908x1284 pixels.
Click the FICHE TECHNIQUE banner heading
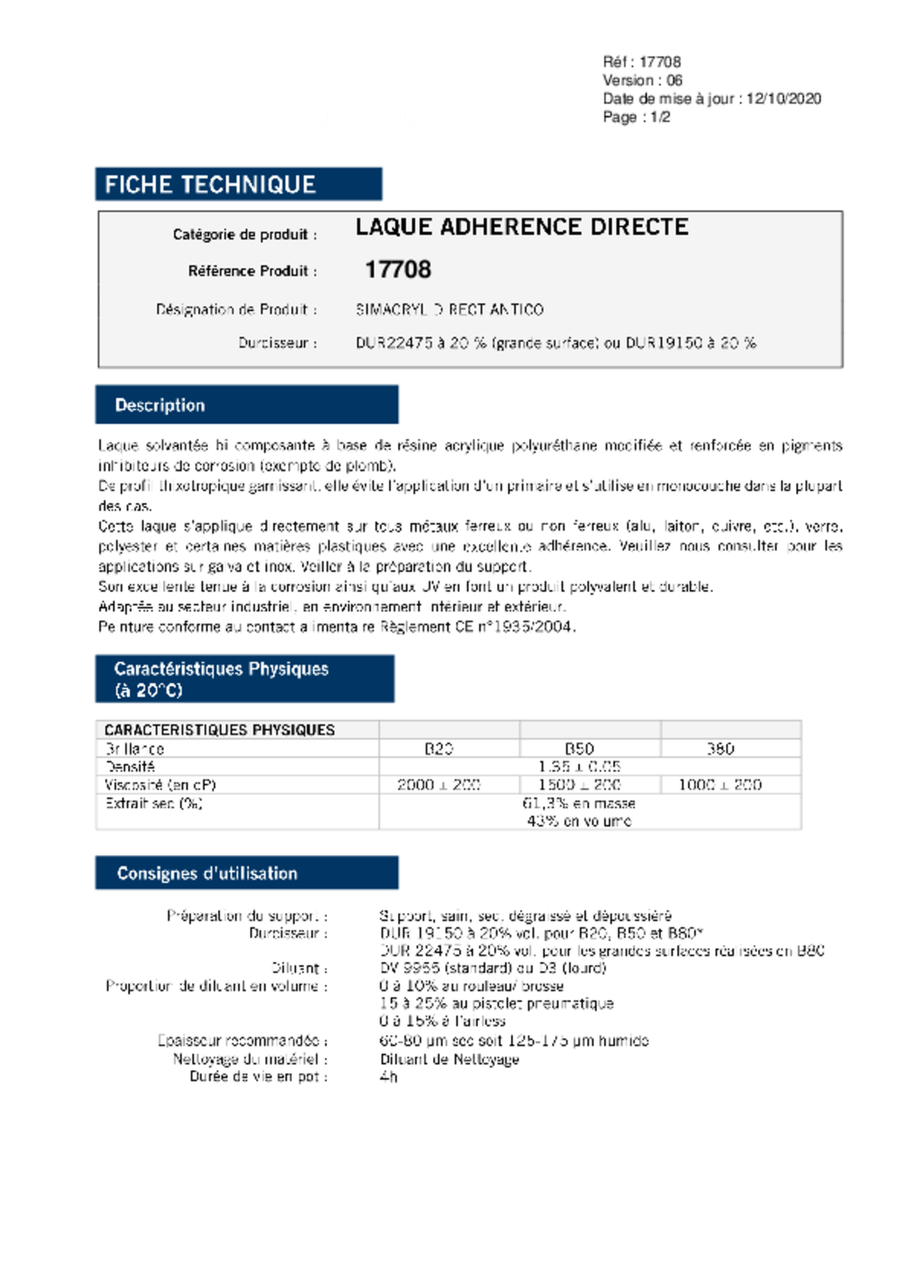point(210,185)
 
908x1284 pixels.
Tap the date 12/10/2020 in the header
point(783,99)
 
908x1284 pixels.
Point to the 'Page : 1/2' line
point(636,117)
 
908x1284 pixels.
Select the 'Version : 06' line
point(642,80)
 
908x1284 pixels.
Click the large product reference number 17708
point(398,269)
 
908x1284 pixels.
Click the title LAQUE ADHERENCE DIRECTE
point(522,227)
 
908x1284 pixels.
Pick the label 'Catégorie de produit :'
point(245,235)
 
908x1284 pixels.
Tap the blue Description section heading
point(160,405)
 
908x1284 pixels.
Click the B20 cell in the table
point(439,749)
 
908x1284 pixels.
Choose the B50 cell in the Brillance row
point(579,749)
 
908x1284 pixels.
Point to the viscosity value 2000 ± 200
point(439,785)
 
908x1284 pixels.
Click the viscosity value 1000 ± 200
point(720,785)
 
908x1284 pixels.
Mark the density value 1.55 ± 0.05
point(579,767)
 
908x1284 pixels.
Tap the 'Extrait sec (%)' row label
point(154,803)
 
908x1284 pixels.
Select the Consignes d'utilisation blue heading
point(207,874)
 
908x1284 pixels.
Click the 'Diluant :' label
point(299,968)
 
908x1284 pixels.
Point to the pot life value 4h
point(389,1077)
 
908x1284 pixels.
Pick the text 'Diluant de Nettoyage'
point(450,1059)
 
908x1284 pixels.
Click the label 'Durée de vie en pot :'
point(258,1077)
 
